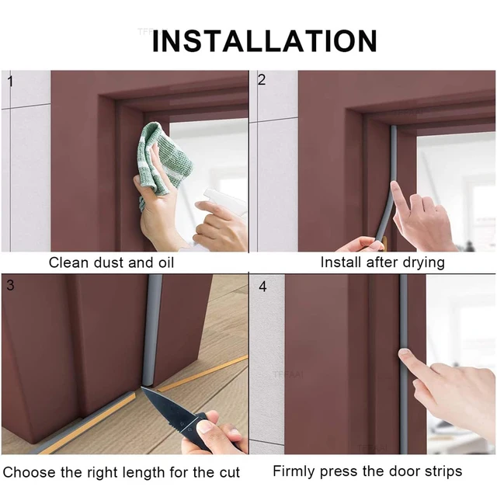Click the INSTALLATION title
click(264, 40)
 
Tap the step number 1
click(10, 80)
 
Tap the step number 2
click(262, 80)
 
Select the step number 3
click(10, 285)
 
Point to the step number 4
click(262, 287)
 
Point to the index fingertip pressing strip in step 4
click(405, 356)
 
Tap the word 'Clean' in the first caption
click(68, 262)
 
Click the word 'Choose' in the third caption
click(28, 472)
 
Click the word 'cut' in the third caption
click(228, 472)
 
